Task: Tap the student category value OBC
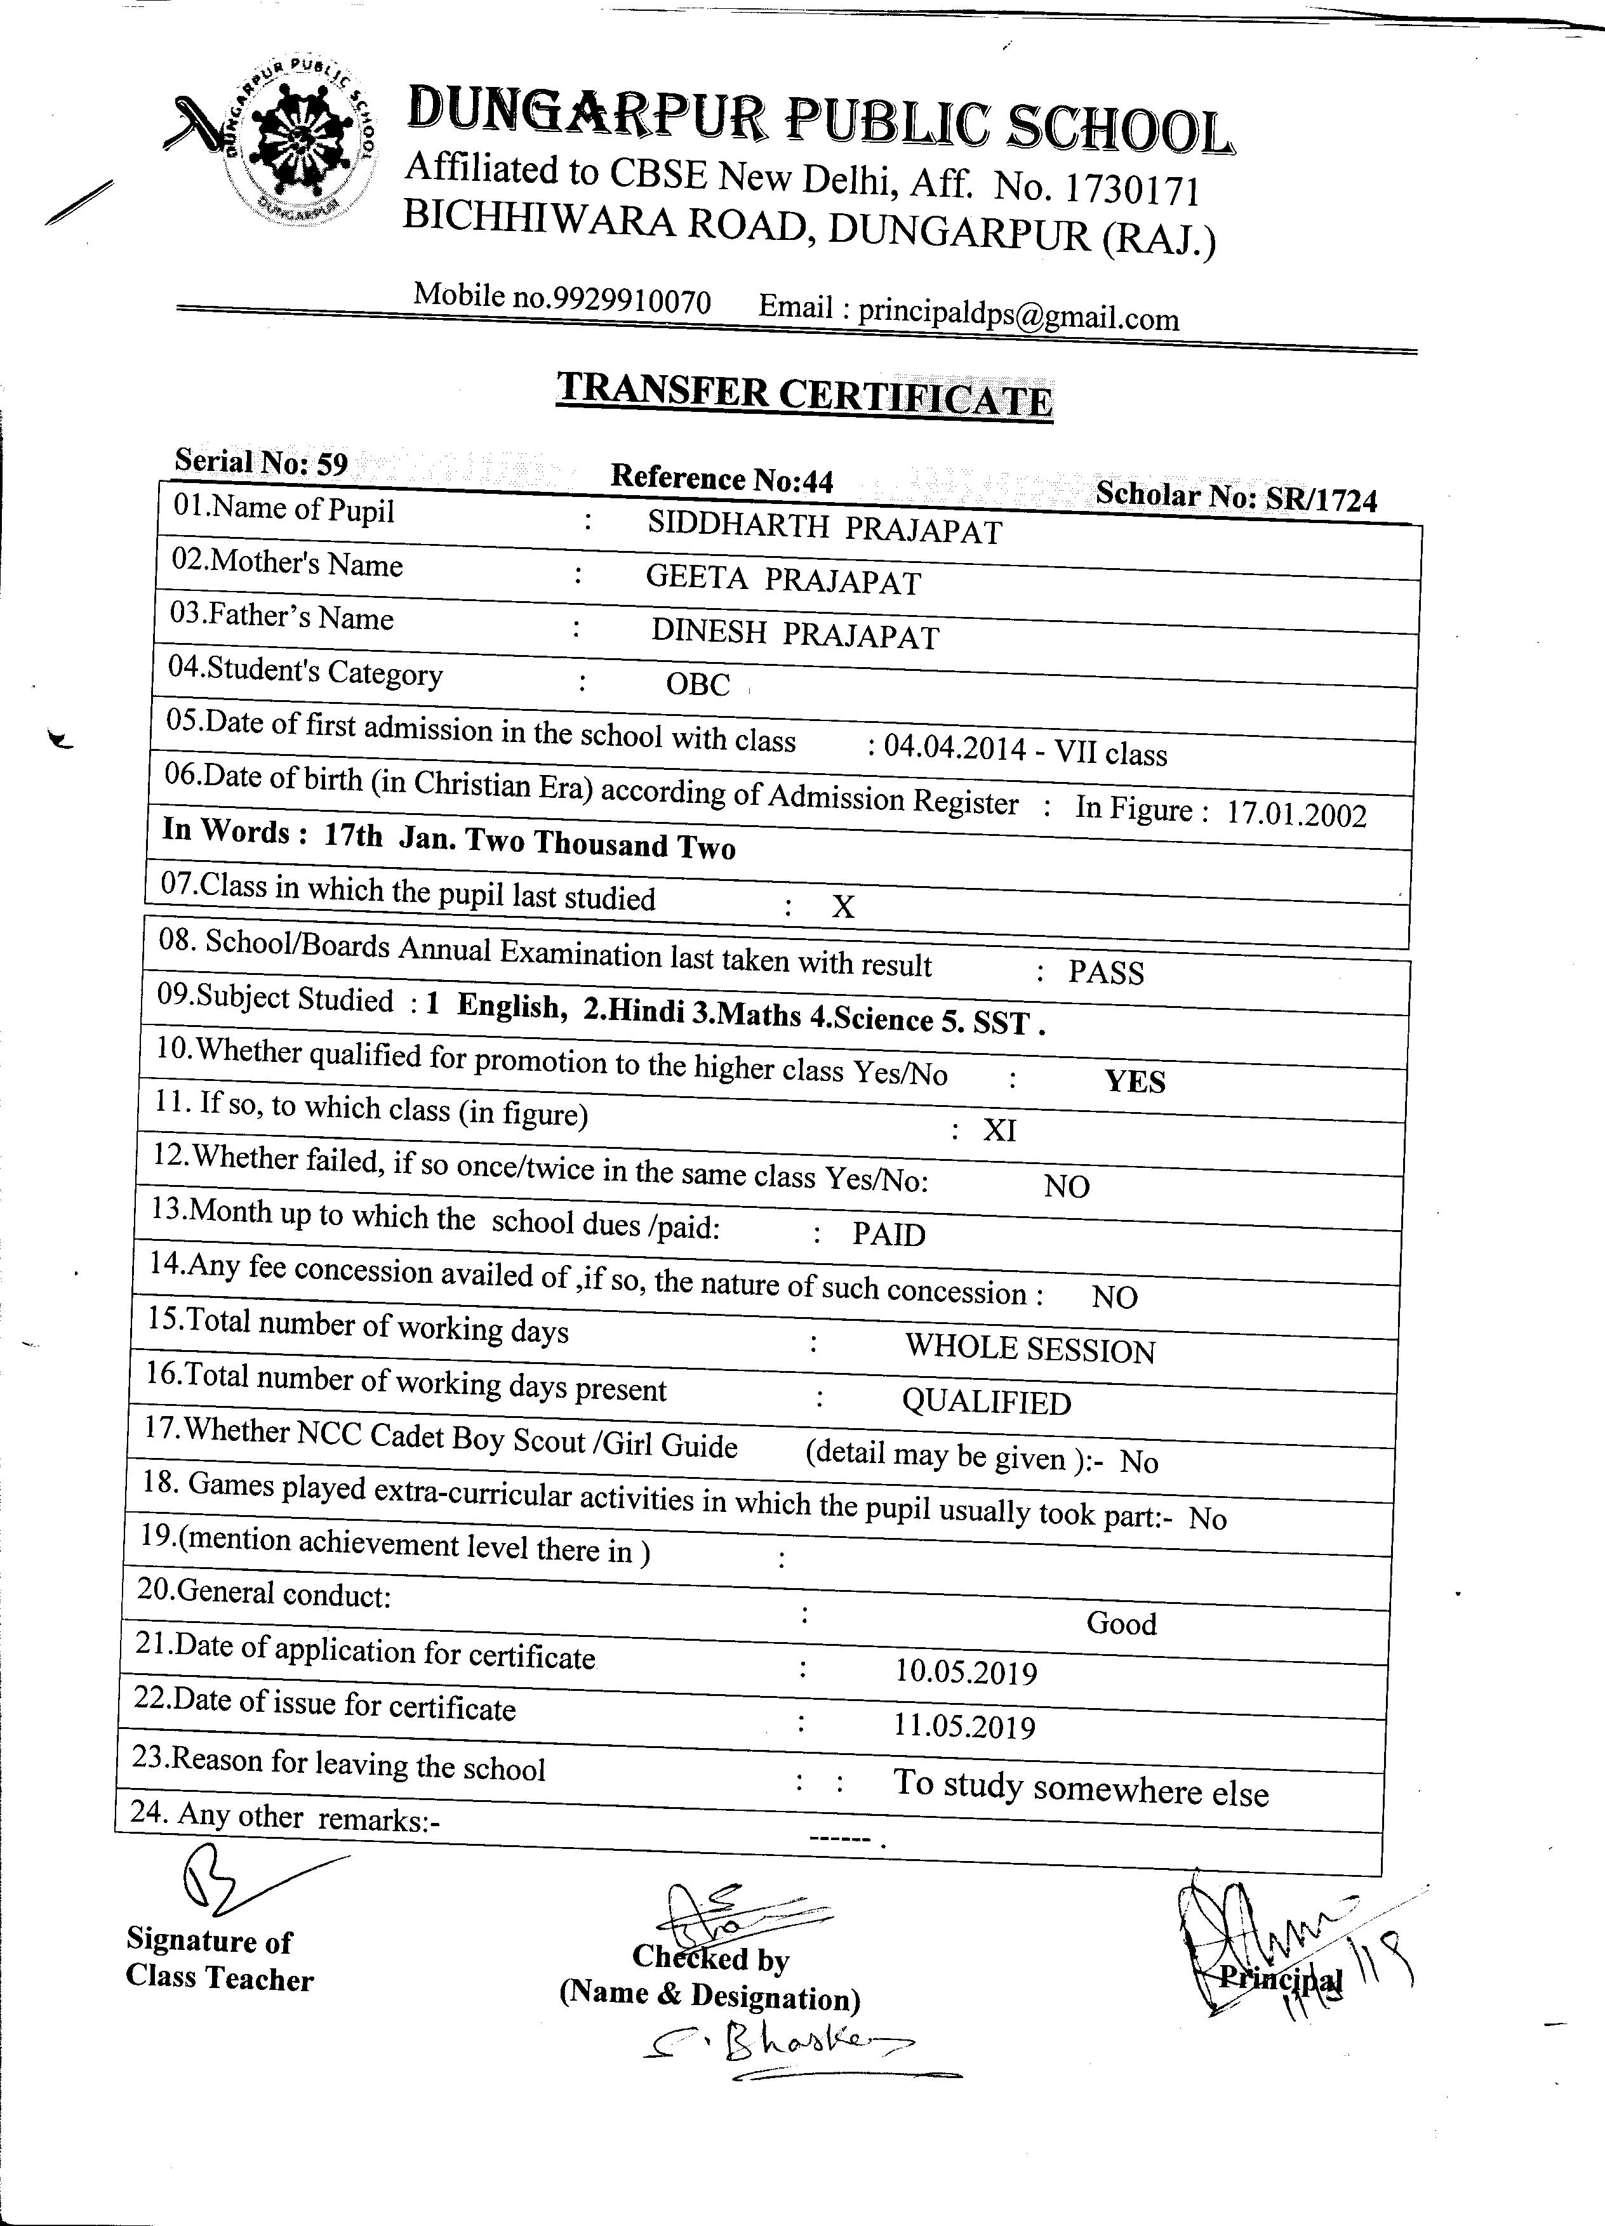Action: click(698, 683)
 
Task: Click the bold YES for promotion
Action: click(1135, 1082)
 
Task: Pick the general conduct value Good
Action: click(1121, 1624)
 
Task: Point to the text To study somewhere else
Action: click(1081, 1785)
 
